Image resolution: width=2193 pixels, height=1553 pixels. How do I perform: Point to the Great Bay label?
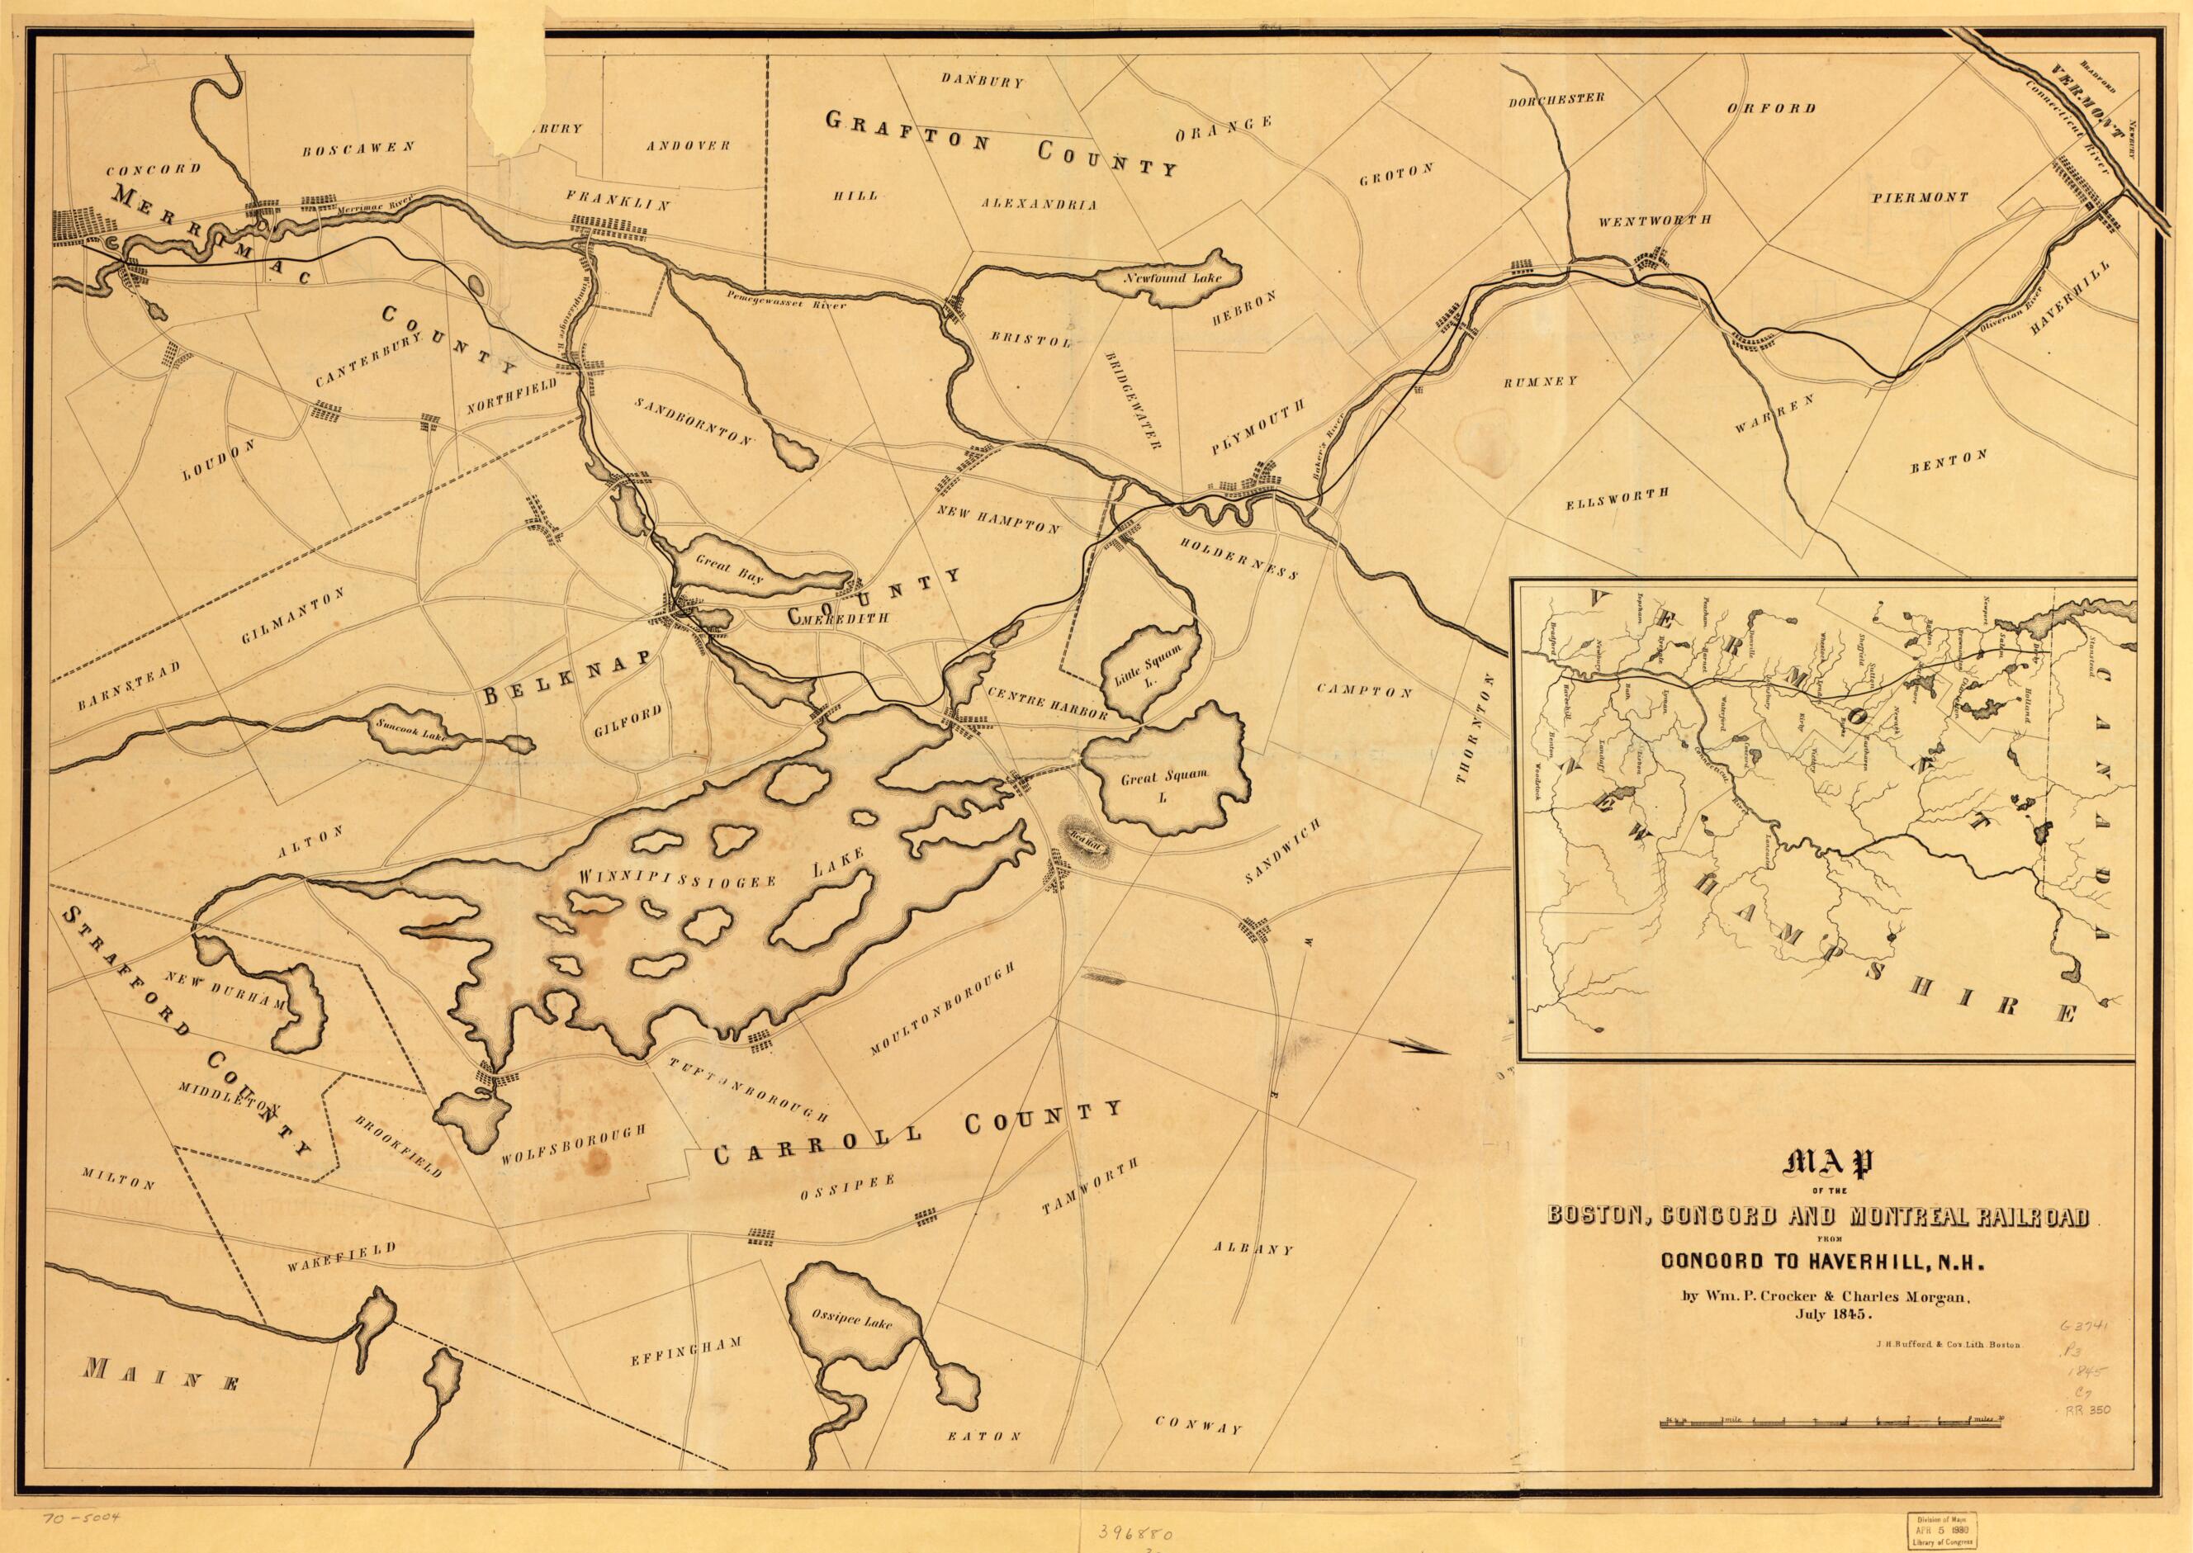click(727, 563)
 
